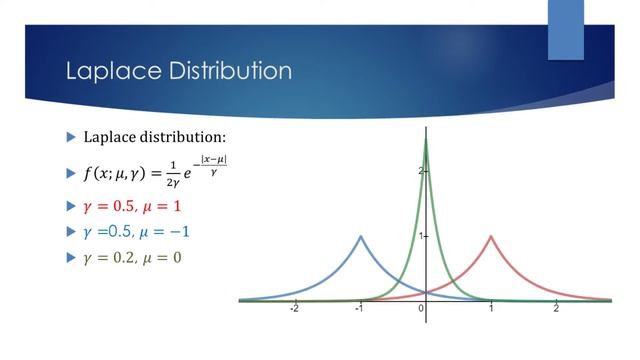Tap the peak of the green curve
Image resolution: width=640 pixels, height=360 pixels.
(426, 139)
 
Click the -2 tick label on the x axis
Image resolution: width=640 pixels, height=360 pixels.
(294, 309)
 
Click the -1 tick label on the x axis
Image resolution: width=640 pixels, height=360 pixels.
(359, 309)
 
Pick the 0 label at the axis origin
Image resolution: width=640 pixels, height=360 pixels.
(421, 309)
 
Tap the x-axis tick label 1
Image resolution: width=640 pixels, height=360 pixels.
(491, 309)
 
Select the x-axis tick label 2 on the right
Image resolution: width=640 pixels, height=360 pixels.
(556, 309)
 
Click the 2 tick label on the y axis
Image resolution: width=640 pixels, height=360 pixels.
(420, 171)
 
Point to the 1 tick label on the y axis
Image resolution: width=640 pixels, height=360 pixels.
(420, 236)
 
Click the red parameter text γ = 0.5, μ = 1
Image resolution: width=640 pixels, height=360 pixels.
(132, 207)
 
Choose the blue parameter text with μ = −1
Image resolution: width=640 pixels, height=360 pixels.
(137, 232)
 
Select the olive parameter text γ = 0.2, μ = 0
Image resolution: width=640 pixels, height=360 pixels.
(132, 257)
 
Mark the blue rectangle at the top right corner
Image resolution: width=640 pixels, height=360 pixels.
(565, 30)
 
